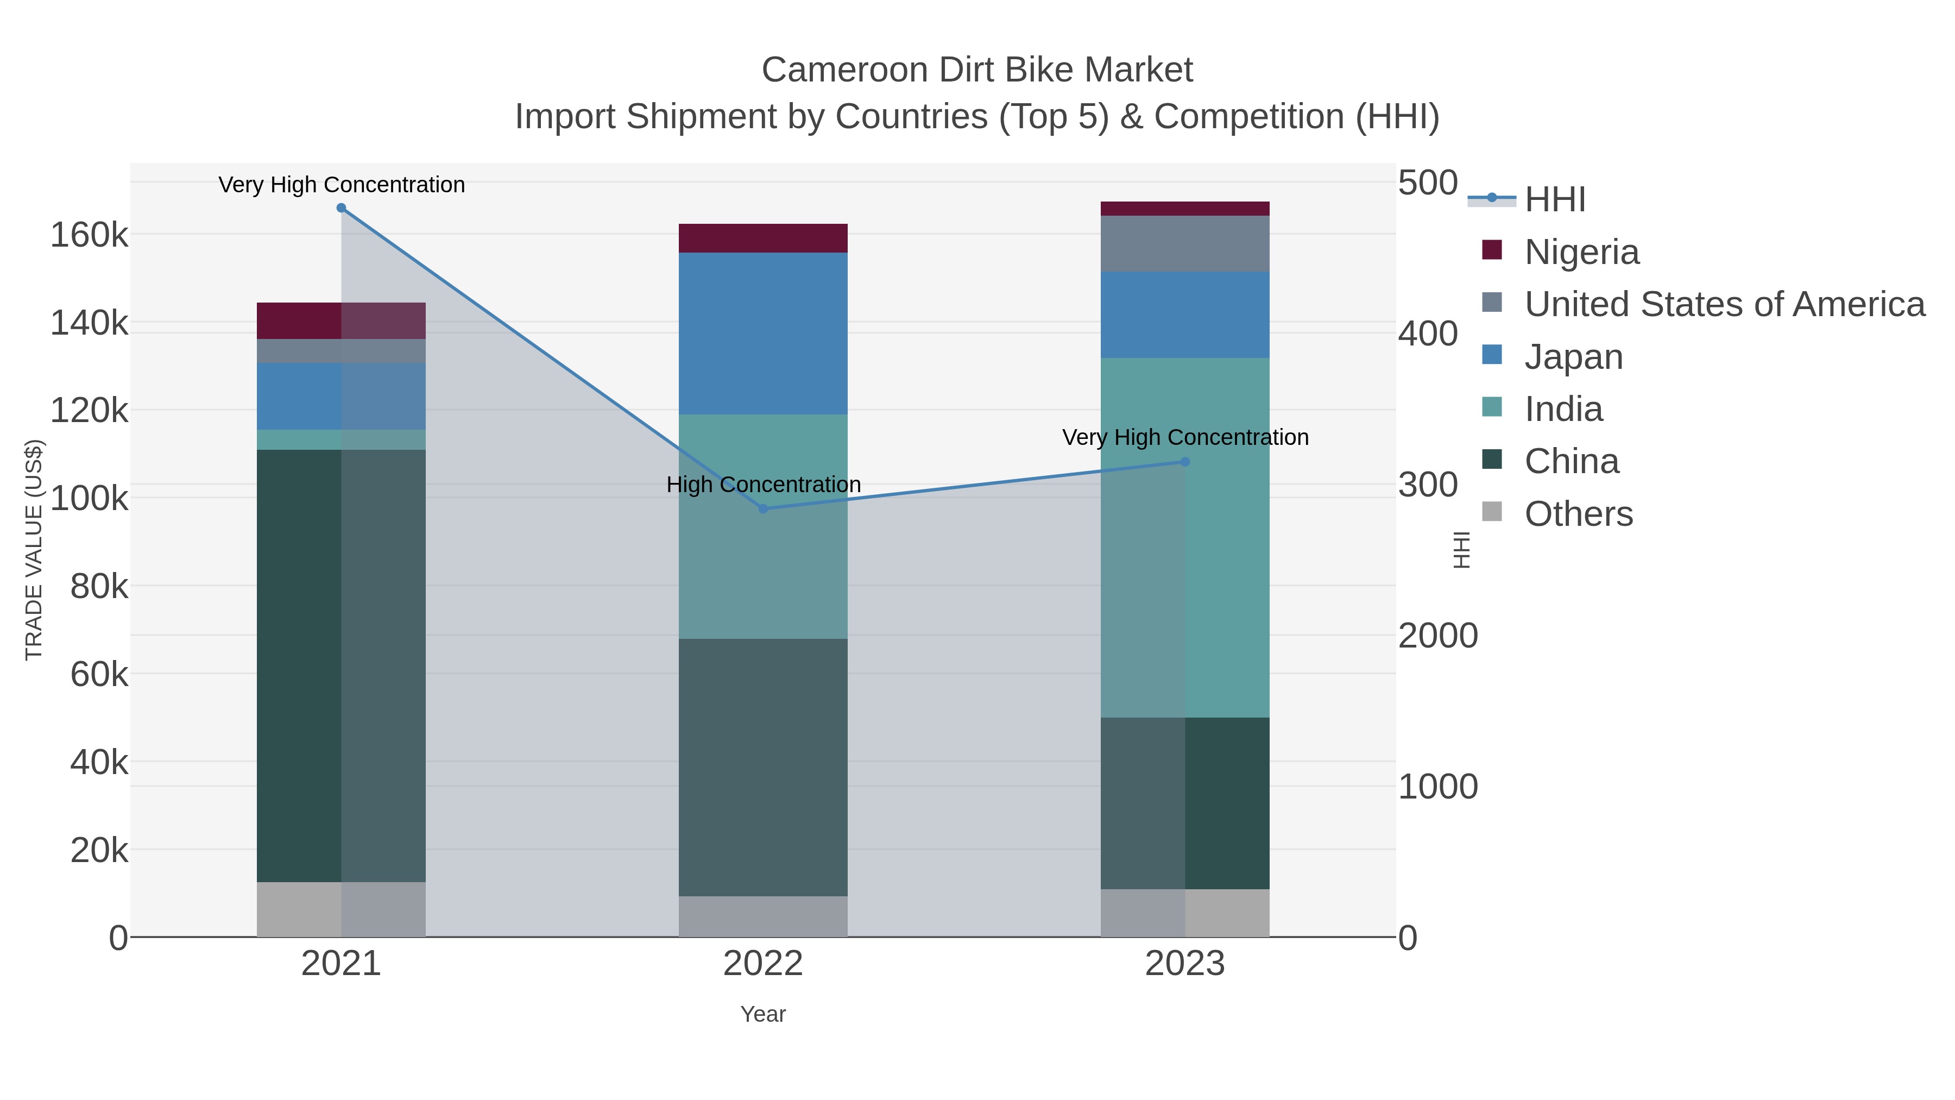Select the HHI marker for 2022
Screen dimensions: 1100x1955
(764, 508)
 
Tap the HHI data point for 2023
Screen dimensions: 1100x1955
(1185, 462)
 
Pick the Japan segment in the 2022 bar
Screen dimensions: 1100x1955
(763, 334)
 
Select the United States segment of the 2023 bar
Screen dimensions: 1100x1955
(1185, 244)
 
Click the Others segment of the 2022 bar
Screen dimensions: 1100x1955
(763, 916)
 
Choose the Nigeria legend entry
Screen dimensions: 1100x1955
(1581, 252)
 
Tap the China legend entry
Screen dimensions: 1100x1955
(1571, 462)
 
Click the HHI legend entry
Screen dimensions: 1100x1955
(1554, 200)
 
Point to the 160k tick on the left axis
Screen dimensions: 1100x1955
(90, 235)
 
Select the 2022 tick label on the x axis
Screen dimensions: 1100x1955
(763, 964)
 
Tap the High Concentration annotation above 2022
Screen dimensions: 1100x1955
(764, 485)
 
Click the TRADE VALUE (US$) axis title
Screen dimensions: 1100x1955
(35, 550)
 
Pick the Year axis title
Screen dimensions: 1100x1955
(763, 1014)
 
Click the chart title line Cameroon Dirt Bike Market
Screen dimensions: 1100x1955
(977, 70)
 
